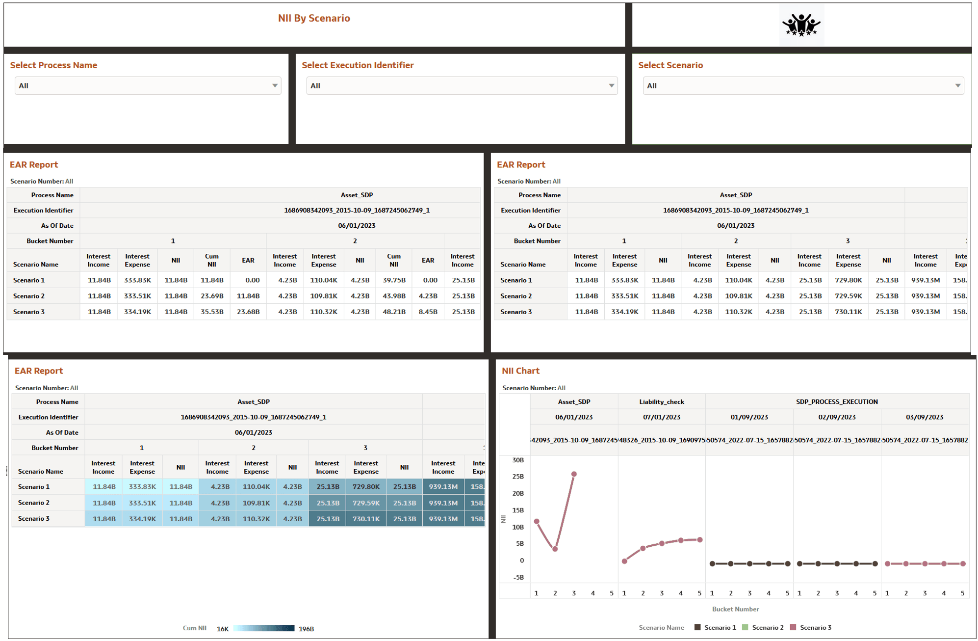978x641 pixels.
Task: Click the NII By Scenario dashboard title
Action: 314,18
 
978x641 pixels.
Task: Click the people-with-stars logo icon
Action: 801,25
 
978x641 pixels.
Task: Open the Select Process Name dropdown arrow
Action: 275,85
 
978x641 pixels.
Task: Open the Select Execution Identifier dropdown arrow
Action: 611,85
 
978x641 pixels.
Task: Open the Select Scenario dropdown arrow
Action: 957,85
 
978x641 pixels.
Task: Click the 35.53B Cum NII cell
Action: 212,312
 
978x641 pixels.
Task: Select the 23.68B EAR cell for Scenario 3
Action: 248,312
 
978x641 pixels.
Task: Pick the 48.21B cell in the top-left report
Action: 394,312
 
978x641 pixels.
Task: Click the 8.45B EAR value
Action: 428,312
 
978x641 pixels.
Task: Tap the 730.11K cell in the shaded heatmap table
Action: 366,518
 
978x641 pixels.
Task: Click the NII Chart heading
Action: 520,371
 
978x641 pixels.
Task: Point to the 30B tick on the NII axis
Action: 518,460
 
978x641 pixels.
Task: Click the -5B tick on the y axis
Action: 518,577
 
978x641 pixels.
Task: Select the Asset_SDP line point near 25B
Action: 574,474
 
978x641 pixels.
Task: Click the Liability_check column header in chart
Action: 661,401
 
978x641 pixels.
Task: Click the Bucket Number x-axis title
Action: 735,609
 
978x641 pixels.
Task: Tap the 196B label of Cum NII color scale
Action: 306,629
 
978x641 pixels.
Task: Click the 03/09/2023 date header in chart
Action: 924,417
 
